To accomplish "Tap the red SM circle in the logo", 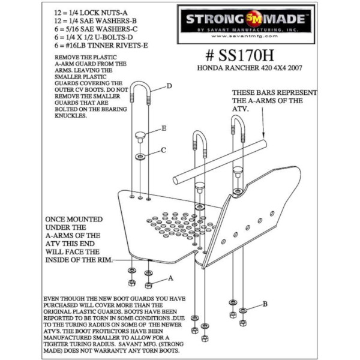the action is (253, 19).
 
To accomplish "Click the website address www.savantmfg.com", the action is (244, 36).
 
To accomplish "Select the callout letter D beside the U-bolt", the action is (169, 86).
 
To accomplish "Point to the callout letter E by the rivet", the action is (164, 128).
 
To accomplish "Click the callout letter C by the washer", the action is (163, 150).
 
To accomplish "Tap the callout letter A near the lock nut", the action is (170, 278).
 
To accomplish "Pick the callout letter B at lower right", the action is (265, 304).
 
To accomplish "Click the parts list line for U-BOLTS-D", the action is (94, 37).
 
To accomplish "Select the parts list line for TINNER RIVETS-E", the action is (101, 46).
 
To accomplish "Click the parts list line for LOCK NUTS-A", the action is (91, 13).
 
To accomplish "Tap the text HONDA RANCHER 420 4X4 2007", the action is (250, 68).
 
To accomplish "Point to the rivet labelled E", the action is (140, 137).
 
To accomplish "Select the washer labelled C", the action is (140, 157).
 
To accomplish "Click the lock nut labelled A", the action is (148, 286).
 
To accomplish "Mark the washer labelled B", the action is (243, 310).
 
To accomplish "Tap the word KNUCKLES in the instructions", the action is (71, 116).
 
